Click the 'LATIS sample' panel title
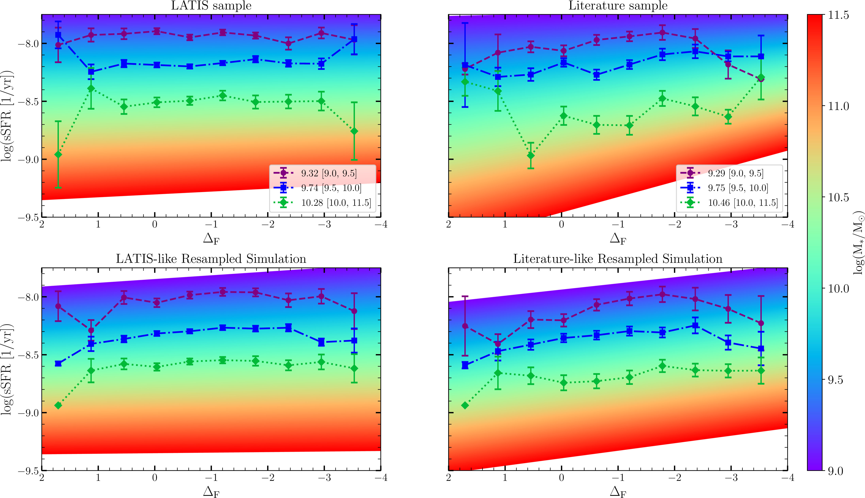coord(211,6)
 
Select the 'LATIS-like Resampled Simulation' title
coord(211,259)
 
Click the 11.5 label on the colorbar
coord(838,15)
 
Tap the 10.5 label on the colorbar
coord(838,197)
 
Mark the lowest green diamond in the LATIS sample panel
coord(58,155)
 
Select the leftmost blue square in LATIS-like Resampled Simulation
coord(58,364)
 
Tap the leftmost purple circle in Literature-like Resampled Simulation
coord(465,326)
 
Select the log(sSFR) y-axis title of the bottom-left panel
coord(7,369)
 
